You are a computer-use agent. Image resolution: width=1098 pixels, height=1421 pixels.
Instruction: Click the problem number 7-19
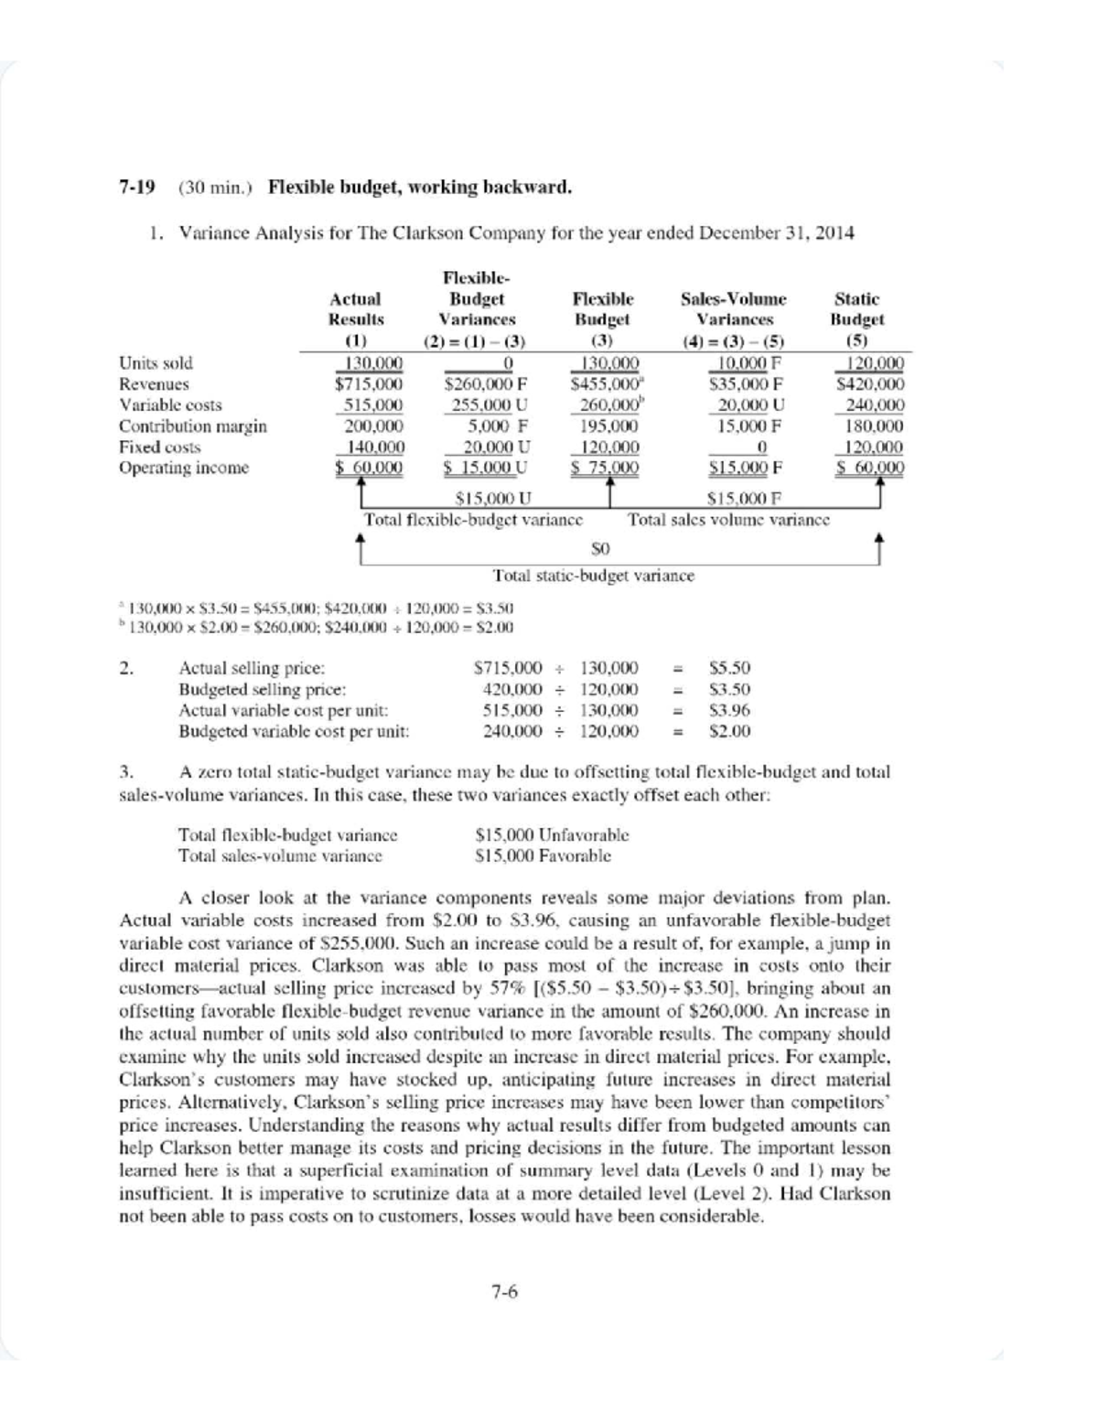pyautogui.click(x=136, y=188)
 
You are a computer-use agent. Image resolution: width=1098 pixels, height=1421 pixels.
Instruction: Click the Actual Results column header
pyautogui.click(x=356, y=309)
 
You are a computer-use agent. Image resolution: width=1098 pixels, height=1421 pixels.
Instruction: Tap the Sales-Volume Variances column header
pyautogui.click(x=734, y=309)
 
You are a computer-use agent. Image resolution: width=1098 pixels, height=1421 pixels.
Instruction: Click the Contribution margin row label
pyautogui.click(x=193, y=426)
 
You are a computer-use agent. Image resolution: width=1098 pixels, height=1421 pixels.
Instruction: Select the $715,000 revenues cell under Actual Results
pyautogui.click(x=369, y=384)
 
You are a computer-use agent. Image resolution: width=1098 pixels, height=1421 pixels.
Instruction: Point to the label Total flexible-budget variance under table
pyautogui.click(x=473, y=520)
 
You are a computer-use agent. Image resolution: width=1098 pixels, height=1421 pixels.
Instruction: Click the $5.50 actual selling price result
pyautogui.click(x=729, y=669)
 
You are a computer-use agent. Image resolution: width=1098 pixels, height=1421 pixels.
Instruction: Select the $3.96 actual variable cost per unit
pyautogui.click(x=729, y=710)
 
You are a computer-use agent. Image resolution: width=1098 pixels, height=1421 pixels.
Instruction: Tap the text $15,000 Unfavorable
pyautogui.click(x=553, y=834)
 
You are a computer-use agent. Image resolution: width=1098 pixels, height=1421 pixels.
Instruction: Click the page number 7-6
pyautogui.click(x=504, y=1292)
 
